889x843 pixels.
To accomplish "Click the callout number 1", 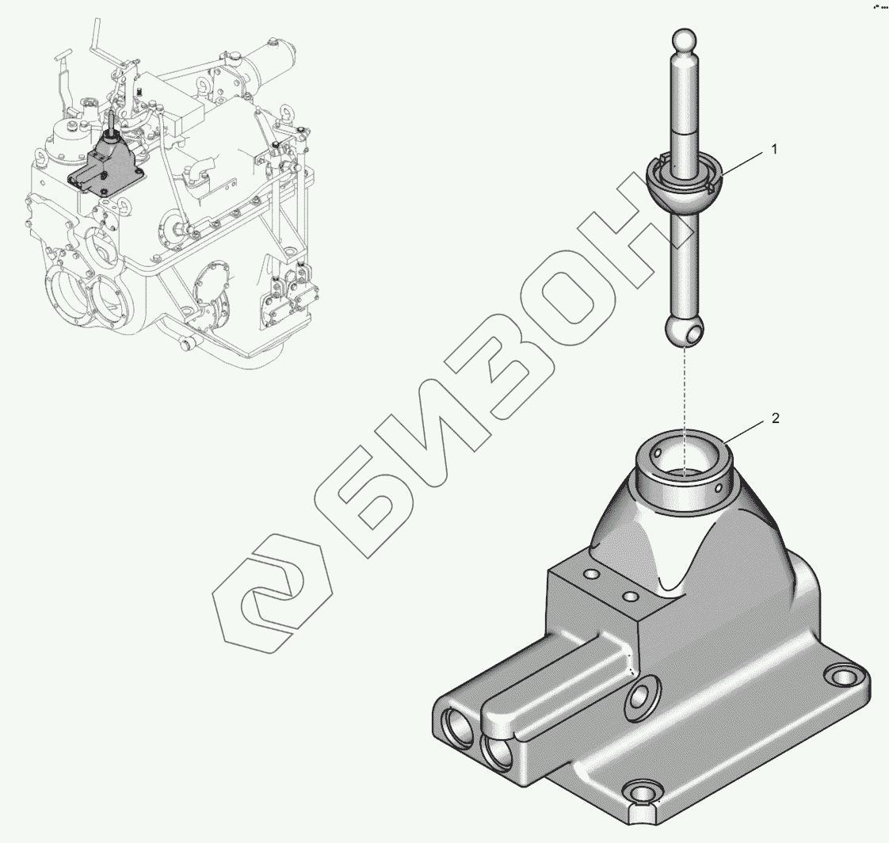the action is click(774, 150).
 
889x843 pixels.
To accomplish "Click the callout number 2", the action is click(776, 418).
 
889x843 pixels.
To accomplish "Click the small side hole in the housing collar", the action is click(719, 487).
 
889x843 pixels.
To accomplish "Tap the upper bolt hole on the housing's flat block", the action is click(591, 574).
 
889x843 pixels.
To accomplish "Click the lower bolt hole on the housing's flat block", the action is click(629, 596).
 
